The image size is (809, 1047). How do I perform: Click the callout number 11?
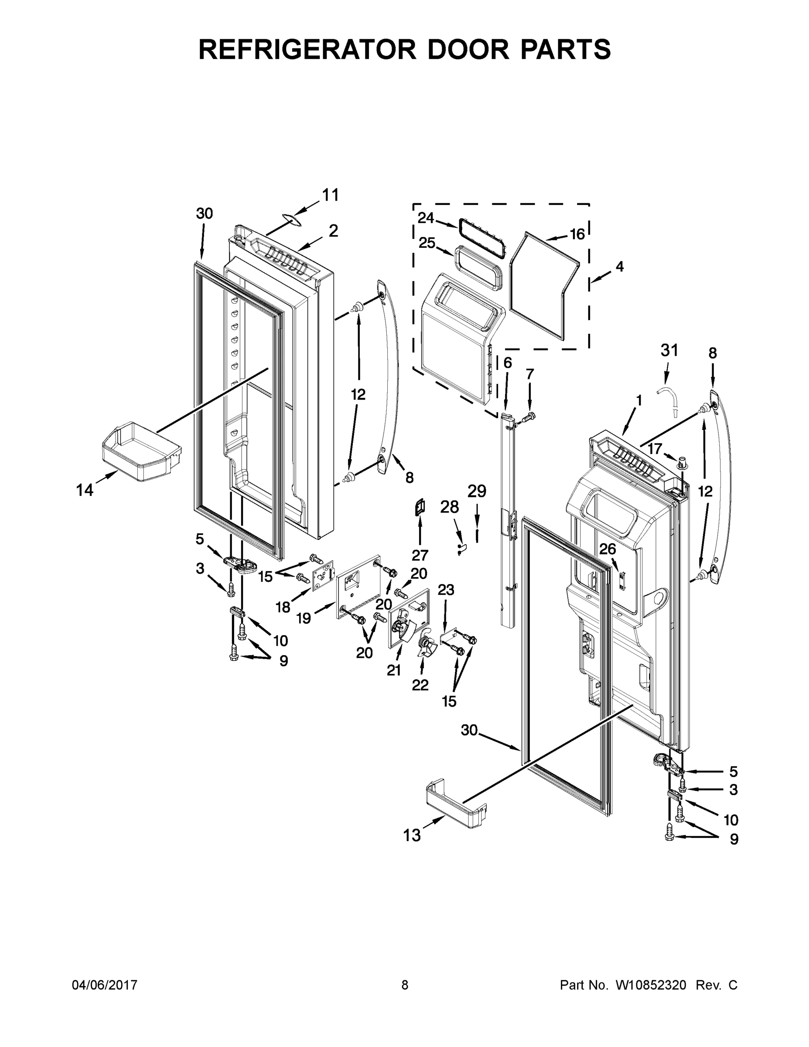(330, 195)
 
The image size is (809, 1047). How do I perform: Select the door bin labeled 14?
(141, 452)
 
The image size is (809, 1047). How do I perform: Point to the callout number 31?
(669, 350)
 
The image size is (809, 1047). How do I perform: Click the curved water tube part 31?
(669, 397)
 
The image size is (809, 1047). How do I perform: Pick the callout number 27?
(420, 555)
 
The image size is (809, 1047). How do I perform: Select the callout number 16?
(577, 234)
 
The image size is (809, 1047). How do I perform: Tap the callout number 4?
(620, 267)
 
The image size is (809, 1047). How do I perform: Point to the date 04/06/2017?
(105, 985)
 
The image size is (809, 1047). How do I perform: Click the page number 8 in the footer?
(405, 985)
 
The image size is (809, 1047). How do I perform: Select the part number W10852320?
(650, 985)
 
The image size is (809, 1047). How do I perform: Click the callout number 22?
(420, 685)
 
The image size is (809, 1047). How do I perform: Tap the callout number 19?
(304, 619)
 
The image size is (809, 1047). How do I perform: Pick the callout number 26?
(607, 549)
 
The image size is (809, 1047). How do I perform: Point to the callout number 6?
(508, 363)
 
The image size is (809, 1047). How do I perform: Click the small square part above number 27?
(420, 507)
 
